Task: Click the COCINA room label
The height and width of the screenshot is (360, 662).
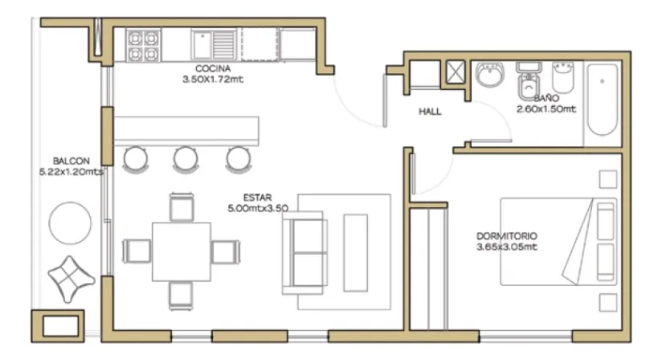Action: point(213,68)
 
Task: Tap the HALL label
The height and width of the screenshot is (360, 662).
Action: point(430,112)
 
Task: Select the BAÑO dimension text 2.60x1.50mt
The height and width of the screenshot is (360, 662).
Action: point(546,109)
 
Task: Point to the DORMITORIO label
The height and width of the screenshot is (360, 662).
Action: point(507,236)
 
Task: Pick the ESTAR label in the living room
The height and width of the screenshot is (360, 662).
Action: point(257,197)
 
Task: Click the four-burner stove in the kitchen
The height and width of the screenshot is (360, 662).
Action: point(144,46)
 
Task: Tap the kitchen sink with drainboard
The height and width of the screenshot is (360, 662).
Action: point(214,44)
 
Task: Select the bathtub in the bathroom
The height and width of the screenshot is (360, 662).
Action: point(602,100)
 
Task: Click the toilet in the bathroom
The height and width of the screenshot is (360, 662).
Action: point(528,81)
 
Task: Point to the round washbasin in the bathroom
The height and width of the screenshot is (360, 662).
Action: point(490,74)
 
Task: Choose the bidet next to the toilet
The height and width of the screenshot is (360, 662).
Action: point(563,78)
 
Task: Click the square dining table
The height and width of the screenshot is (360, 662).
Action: point(182,252)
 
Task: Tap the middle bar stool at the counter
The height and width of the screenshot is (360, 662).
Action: point(186,160)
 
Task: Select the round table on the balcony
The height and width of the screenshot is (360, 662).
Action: point(70,223)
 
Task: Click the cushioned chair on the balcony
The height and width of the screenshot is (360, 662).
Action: point(71,279)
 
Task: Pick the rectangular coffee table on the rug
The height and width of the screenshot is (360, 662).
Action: point(355,253)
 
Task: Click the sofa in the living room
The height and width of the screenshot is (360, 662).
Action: point(304,253)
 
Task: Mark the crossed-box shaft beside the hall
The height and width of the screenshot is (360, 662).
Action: point(455,72)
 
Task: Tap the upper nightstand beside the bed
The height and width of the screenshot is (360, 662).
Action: point(608,179)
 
